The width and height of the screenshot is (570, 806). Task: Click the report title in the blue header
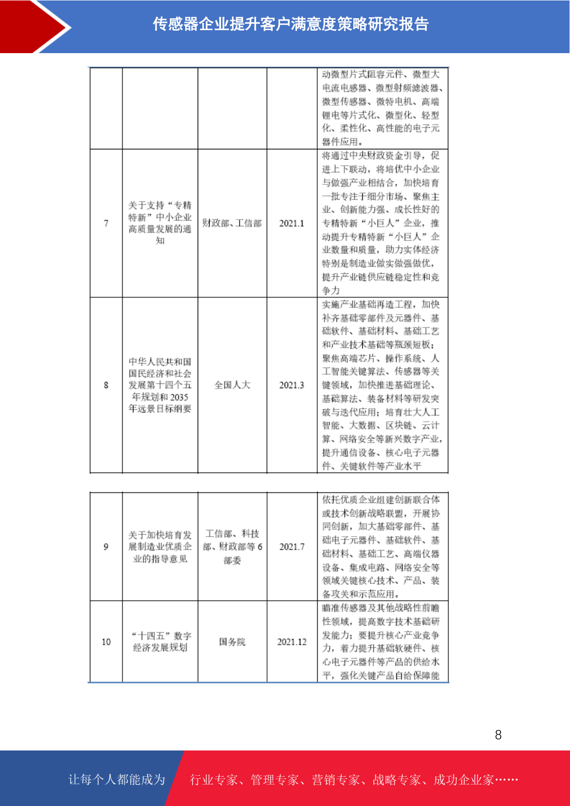(291, 24)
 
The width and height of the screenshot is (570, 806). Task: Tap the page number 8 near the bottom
(498, 735)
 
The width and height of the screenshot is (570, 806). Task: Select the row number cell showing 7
(106, 224)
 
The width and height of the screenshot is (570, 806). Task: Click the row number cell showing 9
(106, 547)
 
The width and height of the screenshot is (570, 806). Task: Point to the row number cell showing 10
(106, 642)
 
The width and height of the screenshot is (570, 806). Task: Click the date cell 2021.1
(291, 224)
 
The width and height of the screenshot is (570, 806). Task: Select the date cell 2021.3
(291, 385)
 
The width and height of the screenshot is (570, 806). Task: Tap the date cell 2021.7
(291, 547)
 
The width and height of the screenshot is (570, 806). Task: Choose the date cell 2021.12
(291, 642)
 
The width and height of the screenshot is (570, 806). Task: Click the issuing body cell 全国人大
(232, 385)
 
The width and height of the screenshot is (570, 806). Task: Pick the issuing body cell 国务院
(232, 642)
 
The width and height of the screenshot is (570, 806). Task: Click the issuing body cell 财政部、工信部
(232, 224)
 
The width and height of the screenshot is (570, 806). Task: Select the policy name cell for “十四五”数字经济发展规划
(160, 642)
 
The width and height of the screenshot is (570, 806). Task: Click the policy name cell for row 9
(160, 547)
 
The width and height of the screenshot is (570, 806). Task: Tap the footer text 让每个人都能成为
(117, 780)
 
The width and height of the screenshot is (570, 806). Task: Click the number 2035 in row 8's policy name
(179, 397)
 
